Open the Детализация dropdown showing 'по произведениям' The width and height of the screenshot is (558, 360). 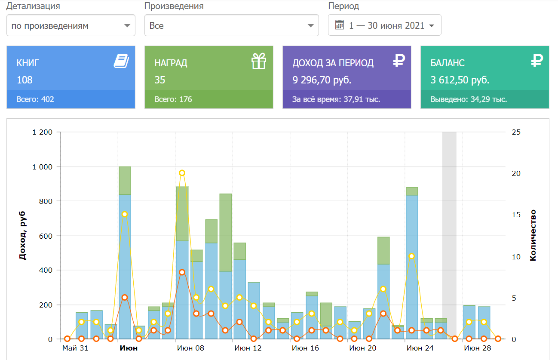[71, 25]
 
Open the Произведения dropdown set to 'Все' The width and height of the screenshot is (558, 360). [231, 25]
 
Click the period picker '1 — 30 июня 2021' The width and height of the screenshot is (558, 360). [385, 25]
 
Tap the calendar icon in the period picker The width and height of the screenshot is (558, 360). [340, 25]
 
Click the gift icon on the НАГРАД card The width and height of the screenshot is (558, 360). [259, 61]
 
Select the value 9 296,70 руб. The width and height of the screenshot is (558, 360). [322, 80]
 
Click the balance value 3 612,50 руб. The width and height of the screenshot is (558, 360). [460, 80]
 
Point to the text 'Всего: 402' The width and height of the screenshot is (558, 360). [35, 99]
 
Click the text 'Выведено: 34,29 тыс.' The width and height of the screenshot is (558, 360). [469, 99]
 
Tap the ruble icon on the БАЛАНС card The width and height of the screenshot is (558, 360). [537, 61]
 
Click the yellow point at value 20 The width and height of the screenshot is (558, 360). [182, 173]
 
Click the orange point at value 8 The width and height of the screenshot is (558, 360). [182, 272]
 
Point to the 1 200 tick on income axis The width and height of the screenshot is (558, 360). [42, 132]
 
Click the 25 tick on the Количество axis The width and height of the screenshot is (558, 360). [516, 132]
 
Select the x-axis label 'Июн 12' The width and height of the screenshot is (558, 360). [248, 348]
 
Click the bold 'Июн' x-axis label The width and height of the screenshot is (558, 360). [129, 348]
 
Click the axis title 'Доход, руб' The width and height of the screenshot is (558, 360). [23, 235]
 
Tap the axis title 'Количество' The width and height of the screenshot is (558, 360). [533, 235]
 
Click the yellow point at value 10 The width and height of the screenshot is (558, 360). [411, 256]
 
